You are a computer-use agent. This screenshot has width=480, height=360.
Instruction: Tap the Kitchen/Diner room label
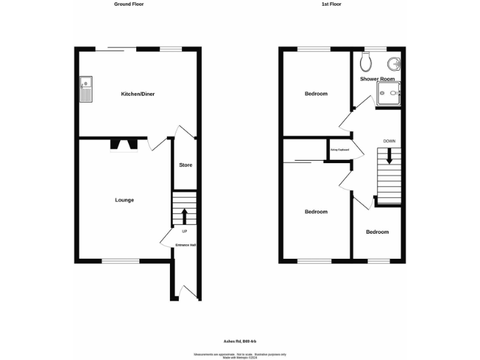(137, 94)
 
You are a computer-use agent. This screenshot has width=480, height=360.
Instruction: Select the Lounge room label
(124, 200)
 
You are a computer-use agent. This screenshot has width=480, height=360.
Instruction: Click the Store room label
(186, 165)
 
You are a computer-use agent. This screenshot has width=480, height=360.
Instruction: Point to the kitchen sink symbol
(86, 90)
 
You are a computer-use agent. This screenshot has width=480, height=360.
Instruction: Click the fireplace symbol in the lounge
(124, 146)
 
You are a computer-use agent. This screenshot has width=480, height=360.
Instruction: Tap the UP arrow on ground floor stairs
(184, 216)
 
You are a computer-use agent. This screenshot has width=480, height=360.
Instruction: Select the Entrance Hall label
(186, 245)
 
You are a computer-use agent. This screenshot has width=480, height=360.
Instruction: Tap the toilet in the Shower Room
(366, 61)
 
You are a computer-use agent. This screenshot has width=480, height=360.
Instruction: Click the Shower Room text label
(377, 79)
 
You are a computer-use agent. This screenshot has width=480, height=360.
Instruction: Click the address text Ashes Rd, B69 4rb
(240, 341)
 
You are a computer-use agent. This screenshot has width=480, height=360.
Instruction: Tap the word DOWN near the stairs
(389, 141)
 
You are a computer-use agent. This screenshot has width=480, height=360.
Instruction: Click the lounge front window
(121, 261)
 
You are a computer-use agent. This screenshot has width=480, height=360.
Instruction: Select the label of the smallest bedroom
(377, 232)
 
